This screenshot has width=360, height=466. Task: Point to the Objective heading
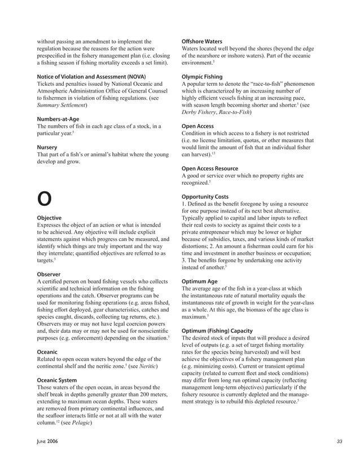click(x=50, y=217)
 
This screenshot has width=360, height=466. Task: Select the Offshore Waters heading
click(x=201, y=41)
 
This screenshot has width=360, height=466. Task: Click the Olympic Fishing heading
click(x=202, y=76)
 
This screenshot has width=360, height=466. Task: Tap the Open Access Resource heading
click(x=210, y=169)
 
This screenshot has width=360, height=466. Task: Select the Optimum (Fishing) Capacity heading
click(x=217, y=330)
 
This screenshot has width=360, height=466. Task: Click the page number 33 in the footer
click(x=339, y=441)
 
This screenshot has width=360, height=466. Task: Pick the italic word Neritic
click(x=143, y=367)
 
